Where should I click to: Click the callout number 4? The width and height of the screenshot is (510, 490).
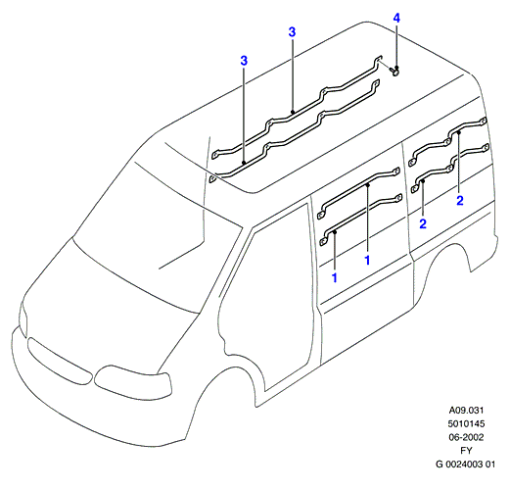pos(396,18)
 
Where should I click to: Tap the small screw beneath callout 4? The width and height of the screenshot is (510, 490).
pos(394,72)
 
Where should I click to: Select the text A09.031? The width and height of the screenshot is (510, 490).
pos(466,410)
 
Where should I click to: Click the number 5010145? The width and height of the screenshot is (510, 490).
pos(466,423)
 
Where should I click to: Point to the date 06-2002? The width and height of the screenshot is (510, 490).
pos(466,437)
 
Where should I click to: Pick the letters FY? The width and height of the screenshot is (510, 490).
pos(466,451)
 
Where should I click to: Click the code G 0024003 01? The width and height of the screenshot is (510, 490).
pos(465,464)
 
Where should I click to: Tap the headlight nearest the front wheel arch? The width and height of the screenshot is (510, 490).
pos(133,381)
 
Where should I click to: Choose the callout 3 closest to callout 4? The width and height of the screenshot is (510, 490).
pos(292,32)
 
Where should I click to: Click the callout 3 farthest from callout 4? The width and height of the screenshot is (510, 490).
pos(244,61)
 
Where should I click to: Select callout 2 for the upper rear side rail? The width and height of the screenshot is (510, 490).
pos(460,200)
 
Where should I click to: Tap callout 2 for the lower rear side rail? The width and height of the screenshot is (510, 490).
pos(423,223)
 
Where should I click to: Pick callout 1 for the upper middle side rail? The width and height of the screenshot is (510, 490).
pos(367,260)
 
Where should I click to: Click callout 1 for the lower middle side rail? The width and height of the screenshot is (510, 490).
pos(334,277)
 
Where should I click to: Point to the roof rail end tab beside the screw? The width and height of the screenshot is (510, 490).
pos(378,60)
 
